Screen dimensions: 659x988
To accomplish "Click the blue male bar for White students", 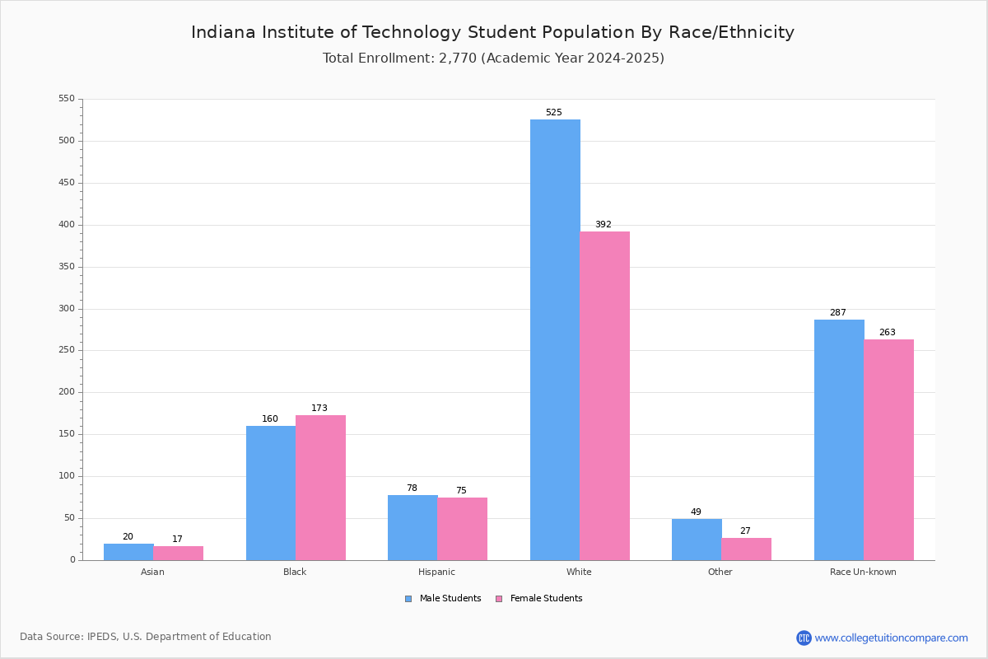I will click(x=555, y=339).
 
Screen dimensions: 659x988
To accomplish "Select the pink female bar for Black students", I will click(x=320, y=488).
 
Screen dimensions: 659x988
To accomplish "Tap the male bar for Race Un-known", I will click(x=839, y=440).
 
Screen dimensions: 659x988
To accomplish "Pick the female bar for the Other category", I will click(x=746, y=549).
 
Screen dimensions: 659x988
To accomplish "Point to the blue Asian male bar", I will click(x=128, y=552).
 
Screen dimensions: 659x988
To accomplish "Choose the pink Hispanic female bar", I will click(x=462, y=529).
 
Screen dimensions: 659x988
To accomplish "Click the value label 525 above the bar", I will click(x=553, y=113).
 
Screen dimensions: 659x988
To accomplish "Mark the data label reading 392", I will click(x=604, y=225).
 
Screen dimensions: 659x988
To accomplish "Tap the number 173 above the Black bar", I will click(x=319, y=409).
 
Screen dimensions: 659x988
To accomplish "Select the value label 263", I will click(x=887, y=333).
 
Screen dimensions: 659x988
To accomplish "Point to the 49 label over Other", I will click(x=696, y=512).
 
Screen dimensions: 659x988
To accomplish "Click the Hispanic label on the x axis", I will click(x=436, y=572).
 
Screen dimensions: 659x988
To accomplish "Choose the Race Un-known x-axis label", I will click(x=863, y=572).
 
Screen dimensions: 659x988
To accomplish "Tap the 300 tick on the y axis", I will click(x=67, y=309).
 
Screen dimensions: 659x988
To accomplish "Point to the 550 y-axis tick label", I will click(x=67, y=99).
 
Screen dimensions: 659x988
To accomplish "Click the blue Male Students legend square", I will click(x=408, y=599).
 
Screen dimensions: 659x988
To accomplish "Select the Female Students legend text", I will click(x=546, y=599).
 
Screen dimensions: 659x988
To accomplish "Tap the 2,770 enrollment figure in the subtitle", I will click(x=458, y=58).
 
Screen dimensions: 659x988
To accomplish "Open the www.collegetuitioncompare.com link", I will click(x=891, y=638).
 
